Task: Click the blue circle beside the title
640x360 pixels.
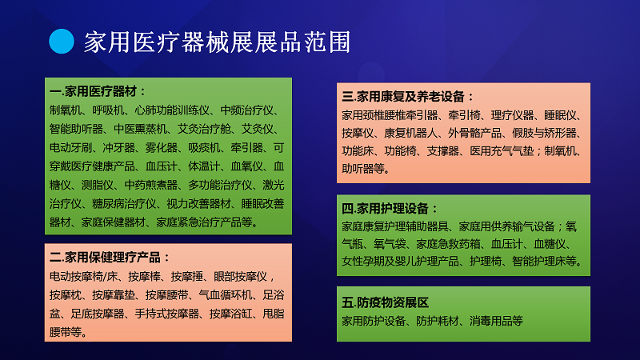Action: [x=62, y=42]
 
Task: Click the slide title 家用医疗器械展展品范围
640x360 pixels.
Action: [x=217, y=42]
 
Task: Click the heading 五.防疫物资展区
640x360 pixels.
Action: [x=386, y=302]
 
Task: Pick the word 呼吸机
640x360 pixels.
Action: [x=108, y=110]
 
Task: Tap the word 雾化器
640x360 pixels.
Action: [x=162, y=148]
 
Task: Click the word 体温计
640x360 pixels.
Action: [x=204, y=166]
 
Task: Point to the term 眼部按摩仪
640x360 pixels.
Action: [x=240, y=277]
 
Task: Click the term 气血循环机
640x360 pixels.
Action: [x=226, y=295]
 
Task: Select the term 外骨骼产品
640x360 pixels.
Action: [x=474, y=133]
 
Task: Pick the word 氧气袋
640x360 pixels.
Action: [x=390, y=244]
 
